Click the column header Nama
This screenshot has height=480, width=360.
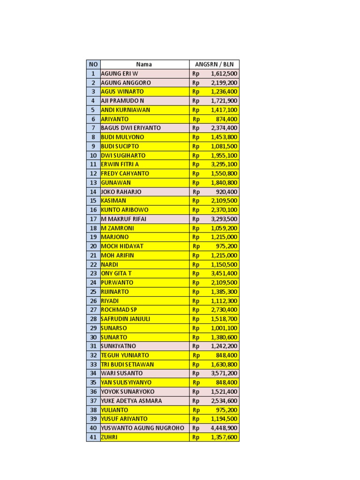[144, 64]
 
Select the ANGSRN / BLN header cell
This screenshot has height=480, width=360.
[214, 64]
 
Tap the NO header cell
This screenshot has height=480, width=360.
[93, 64]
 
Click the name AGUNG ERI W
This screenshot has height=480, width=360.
[120, 74]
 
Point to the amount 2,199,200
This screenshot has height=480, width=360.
[224, 82]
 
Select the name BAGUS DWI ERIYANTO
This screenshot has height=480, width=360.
[131, 128]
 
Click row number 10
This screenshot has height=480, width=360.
[93, 155]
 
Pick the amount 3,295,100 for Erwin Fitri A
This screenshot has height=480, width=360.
[224, 165]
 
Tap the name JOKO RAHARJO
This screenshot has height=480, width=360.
[121, 192]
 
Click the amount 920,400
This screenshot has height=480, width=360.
[227, 192]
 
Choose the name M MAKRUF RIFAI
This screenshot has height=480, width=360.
[124, 219]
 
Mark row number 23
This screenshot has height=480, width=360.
[93, 273]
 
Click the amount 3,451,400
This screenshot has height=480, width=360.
[224, 273]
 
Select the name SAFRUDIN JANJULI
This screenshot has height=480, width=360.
[126, 319]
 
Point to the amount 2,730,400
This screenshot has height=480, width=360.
[224, 310]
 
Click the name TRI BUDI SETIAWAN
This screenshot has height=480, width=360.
[127, 364]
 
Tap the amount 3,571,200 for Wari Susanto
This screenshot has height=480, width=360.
[224, 374]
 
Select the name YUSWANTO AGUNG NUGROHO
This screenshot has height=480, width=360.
[142, 428]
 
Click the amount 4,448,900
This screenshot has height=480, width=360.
[224, 428]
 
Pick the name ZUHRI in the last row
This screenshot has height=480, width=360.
[109, 437]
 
